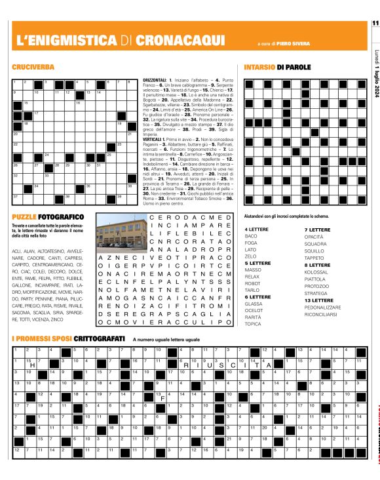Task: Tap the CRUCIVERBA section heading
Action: pos(33,68)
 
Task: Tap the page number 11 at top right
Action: pos(375,24)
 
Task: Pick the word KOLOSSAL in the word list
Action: pos(317,272)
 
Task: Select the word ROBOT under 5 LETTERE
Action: pos(252,283)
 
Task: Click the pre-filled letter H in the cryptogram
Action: pos(31,365)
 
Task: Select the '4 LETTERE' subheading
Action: pos(255,230)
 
